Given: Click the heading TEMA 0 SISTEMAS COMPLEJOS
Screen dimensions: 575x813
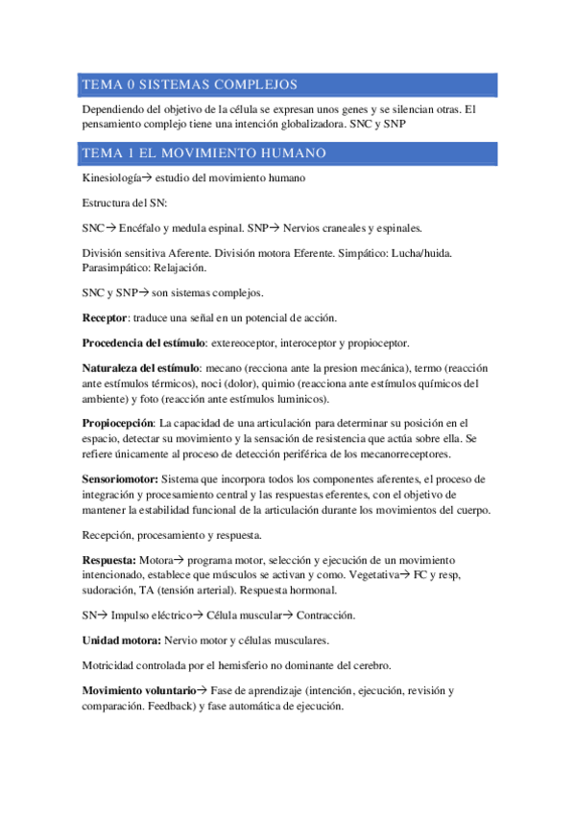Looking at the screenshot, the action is [190, 84].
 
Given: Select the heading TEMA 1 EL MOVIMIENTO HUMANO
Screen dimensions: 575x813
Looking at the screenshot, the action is [204, 153].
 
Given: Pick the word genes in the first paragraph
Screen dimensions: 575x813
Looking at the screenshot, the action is [323, 109].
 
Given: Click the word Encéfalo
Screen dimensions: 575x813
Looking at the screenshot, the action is [145, 228].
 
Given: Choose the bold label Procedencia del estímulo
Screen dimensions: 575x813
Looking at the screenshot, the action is [144, 342].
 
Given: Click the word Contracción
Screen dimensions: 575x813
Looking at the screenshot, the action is [325, 615].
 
